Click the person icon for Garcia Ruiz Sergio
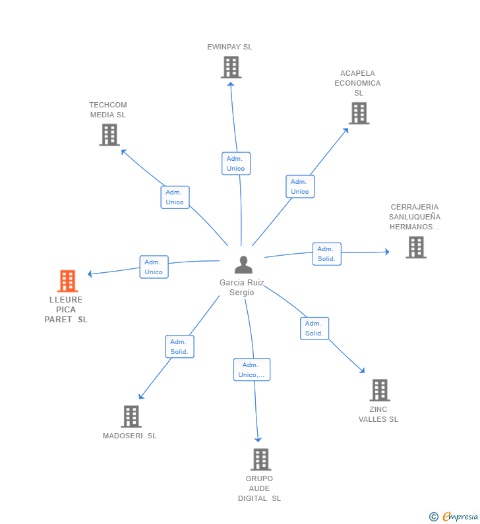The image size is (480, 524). pos(243,264)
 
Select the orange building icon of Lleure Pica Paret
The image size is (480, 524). pos(67,281)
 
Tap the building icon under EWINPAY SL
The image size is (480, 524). pos(231,67)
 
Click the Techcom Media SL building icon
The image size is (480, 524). pos(109,134)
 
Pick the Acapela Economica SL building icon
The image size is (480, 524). pos(359,113)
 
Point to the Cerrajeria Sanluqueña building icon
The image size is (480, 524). pos(415,247)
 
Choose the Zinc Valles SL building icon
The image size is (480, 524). pos(379,390)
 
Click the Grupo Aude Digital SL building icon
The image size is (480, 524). pos(260,459)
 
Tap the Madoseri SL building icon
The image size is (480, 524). pos(131,417)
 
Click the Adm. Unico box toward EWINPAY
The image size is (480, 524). pos(235,163)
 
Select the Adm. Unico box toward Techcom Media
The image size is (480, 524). pos(175,197)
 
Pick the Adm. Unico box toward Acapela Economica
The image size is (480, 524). pos(299,187)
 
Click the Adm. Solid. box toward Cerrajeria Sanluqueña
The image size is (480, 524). pos(326,254)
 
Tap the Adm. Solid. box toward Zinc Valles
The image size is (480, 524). pos(314,328)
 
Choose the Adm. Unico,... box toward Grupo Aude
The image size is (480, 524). pos(251,370)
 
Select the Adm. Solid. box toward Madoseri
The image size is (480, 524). pos(179,347)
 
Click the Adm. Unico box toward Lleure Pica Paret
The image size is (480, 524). pos(154,267)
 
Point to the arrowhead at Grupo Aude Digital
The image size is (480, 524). pos(258,440)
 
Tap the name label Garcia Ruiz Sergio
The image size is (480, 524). pos(242,287)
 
